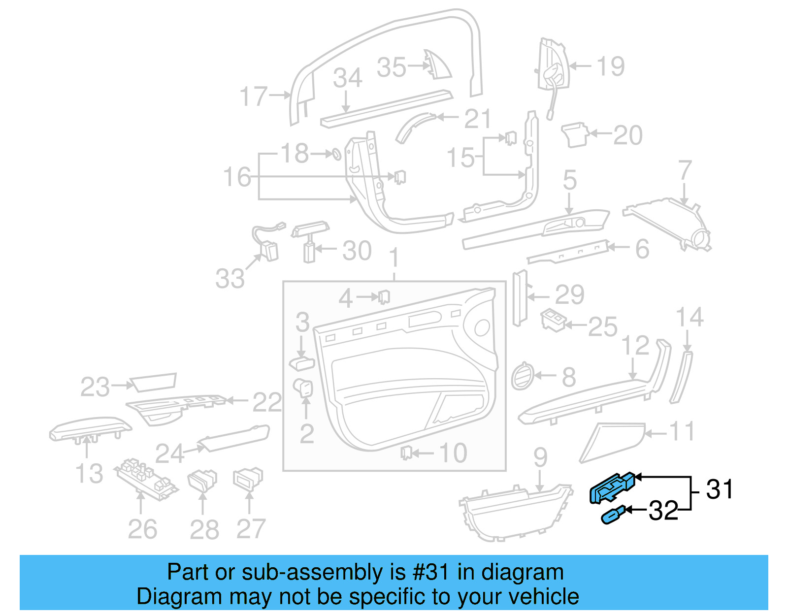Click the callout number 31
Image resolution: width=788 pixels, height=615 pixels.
pos(720,489)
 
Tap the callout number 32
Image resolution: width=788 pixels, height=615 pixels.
pos(663,511)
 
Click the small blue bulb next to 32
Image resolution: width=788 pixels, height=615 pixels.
pos(613,515)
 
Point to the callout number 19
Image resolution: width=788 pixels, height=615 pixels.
pos(611,66)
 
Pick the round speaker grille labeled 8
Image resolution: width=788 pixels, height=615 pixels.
pos(522,376)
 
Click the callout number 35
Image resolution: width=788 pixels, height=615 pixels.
pos(392,67)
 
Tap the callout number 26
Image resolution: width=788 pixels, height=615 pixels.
pos(142,529)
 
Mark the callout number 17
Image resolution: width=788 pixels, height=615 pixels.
pos(254,96)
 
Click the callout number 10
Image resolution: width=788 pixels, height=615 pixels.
pos(453,453)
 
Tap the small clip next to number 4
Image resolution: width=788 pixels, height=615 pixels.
pos(384,297)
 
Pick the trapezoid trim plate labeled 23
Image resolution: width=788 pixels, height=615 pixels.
pos(153,382)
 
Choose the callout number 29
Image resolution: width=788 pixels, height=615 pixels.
pos(569,295)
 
